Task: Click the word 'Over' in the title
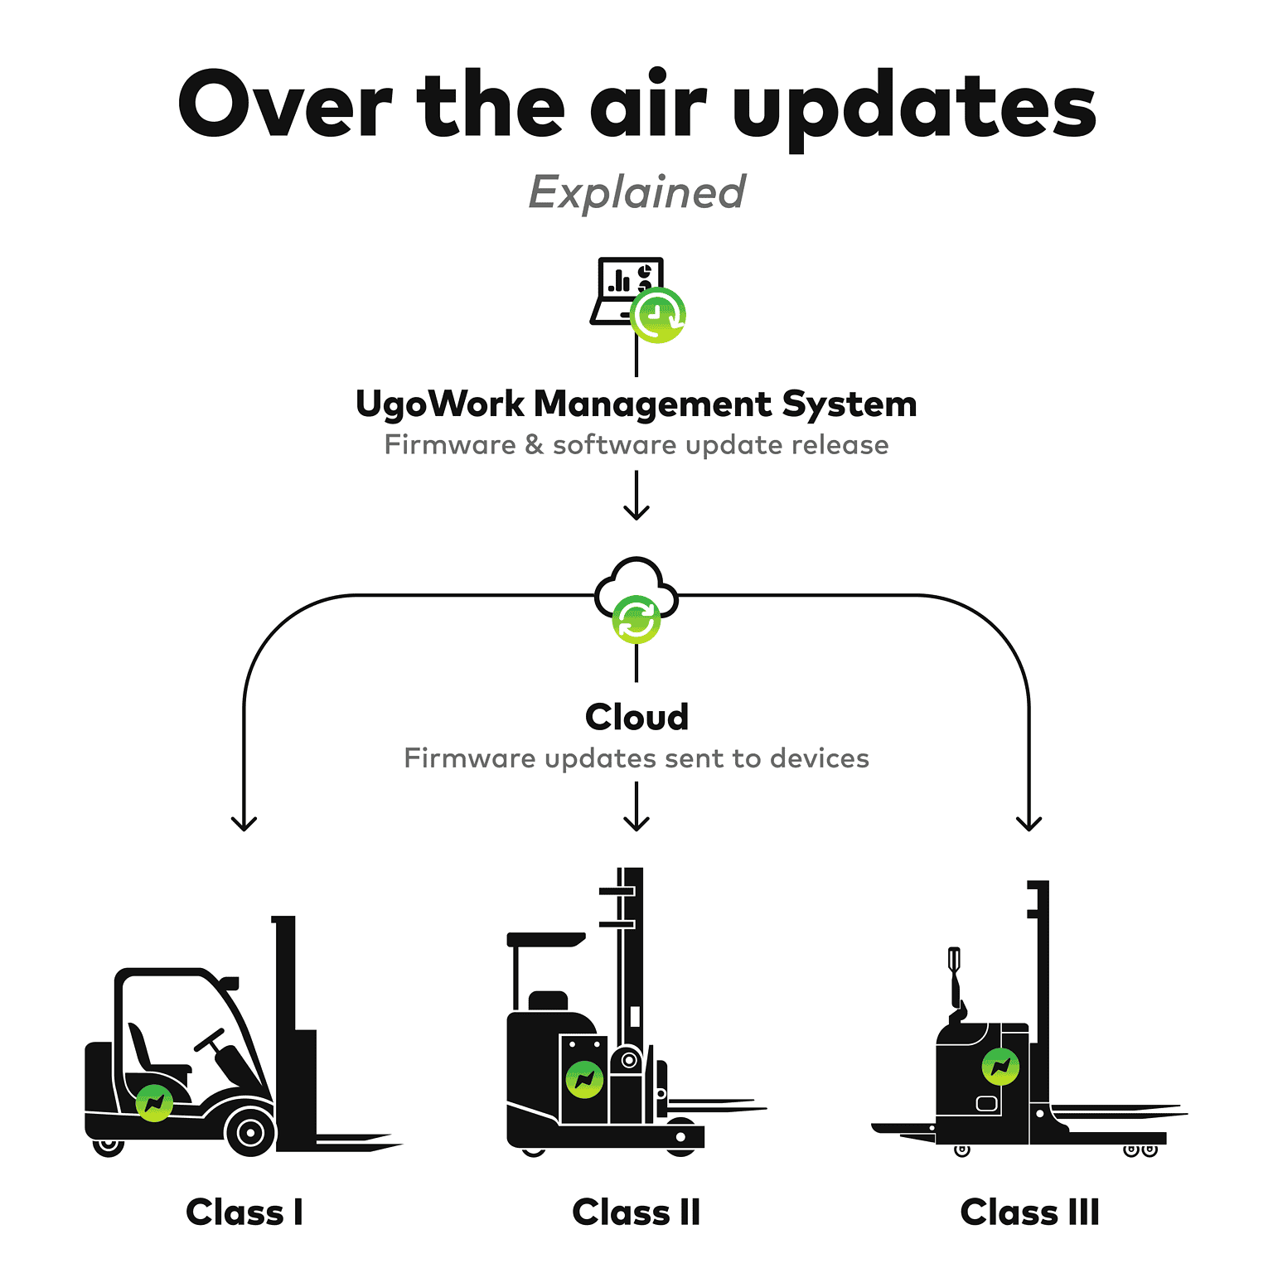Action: [x=284, y=105]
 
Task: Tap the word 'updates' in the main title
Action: [x=914, y=109]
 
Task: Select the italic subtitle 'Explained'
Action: [x=636, y=192]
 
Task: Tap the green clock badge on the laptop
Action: [x=658, y=315]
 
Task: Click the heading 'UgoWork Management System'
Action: [x=636, y=404]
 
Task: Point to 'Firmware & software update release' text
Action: [x=636, y=445]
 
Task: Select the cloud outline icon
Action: [x=636, y=580]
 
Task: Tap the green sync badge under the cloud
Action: [x=636, y=619]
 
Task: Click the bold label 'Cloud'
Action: [x=636, y=717]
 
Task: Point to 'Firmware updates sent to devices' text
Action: [x=636, y=758]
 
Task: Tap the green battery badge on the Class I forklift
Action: [x=154, y=1102]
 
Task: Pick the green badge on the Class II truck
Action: [x=584, y=1079]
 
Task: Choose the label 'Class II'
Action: [x=636, y=1212]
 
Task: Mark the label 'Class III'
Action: [x=1029, y=1212]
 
